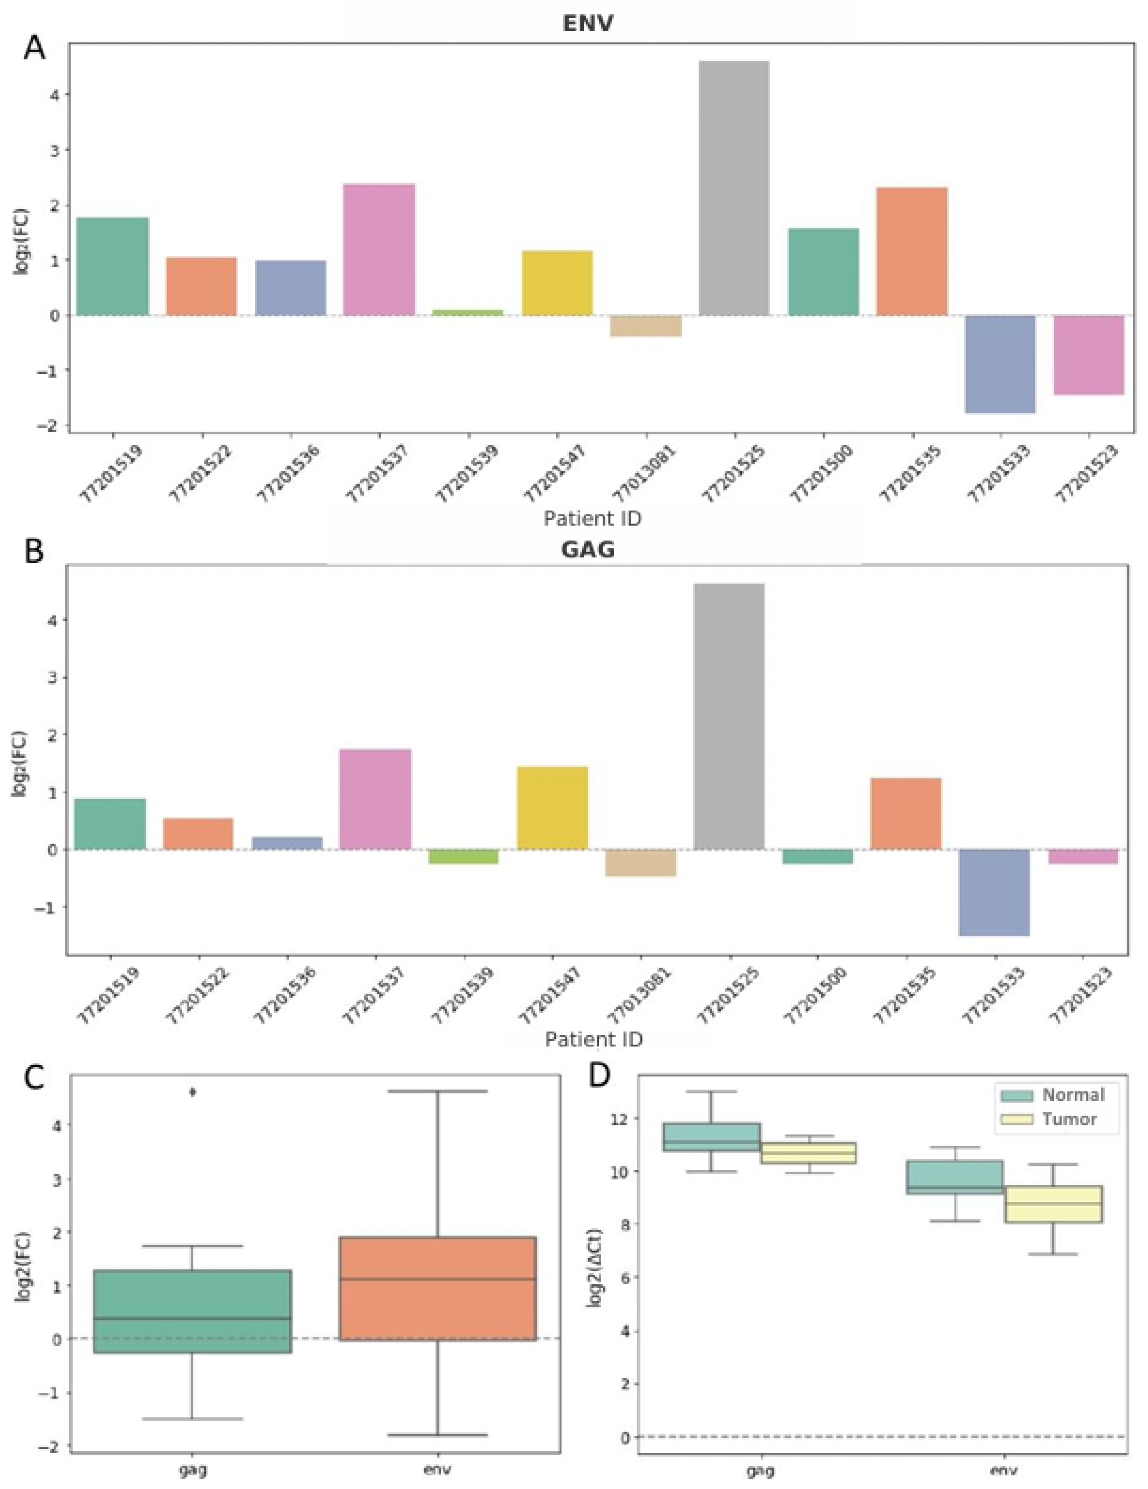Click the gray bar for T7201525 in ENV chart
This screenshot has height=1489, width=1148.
pos(734,187)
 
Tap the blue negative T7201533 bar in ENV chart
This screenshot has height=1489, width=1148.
pos(1001,363)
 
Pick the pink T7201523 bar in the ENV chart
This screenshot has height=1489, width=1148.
pos(1089,355)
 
